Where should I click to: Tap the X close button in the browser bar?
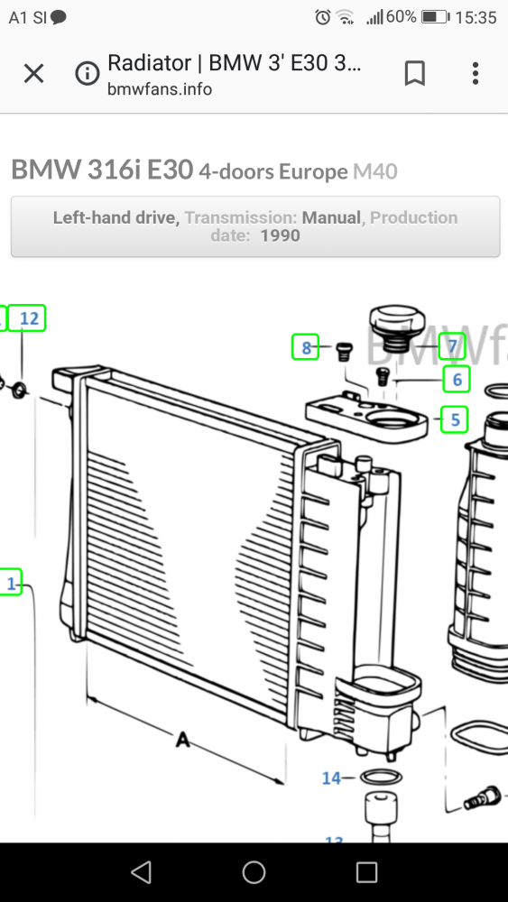(33, 74)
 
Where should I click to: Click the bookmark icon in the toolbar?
(414, 74)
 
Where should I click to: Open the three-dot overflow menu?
(476, 74)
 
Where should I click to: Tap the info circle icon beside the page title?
(88, 74)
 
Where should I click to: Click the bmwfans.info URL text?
(160, 89)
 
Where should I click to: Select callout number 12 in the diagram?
(30, 318)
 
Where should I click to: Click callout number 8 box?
(306, 347)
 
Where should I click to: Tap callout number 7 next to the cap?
(453, 346)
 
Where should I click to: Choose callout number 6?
(457, 380)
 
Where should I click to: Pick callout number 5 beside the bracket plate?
(455, 419)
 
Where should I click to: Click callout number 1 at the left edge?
(11, 584)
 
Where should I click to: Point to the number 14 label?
(331, 778)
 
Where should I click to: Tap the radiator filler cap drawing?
(393, 329)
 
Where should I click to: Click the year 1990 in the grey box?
(280, 236)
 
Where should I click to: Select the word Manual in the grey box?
(332, 217)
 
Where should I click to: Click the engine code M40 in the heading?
(374, 171)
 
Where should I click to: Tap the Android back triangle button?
(141, 871)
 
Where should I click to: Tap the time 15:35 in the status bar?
(476, 17)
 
